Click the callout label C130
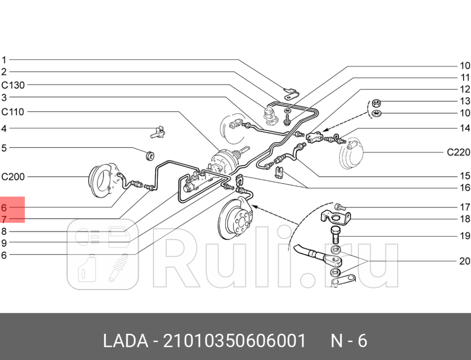tap(13, 85)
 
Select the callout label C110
tap(13, 112)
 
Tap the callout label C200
tap(13, 177)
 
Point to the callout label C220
tap(458, 153)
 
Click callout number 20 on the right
tap(464, 261)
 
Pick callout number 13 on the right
tap(465, 101)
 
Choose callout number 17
tap(465, 207)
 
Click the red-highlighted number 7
tap(4, 219)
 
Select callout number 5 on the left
tap(4, 147)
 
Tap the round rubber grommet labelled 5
tap(150, 155)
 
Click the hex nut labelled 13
tap(376, 103)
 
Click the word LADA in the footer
tap(125, 341)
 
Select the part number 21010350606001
tap(234, 341)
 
